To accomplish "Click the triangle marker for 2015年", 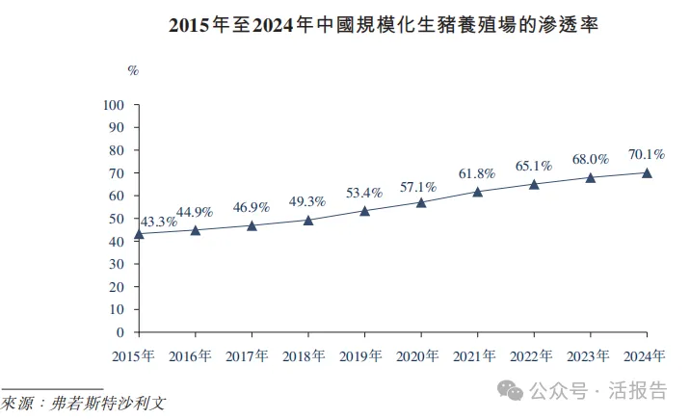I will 139,234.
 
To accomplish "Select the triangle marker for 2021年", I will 477,192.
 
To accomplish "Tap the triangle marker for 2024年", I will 647,173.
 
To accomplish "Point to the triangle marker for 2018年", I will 308,221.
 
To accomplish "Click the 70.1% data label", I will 647,154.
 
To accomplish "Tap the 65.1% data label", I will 533,166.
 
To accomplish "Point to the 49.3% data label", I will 307,201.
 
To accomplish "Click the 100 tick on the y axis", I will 114,104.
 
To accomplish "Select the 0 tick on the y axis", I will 121,333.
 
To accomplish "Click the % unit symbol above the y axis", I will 134,69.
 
